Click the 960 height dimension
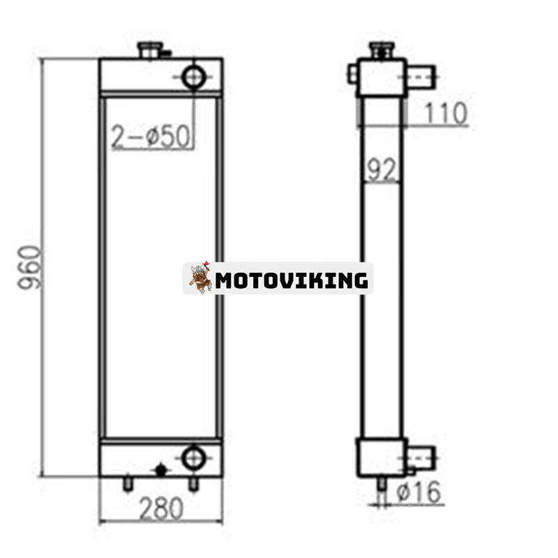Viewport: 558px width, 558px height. click(30, 267)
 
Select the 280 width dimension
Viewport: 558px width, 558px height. click(161, 508)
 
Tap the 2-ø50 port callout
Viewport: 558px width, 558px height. click(151, 137)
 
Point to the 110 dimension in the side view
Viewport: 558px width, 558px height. click(446, 113)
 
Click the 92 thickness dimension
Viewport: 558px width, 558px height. click(381, 169)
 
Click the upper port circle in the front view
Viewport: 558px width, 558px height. click(194, 77)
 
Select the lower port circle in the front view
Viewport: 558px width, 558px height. click(194, 458)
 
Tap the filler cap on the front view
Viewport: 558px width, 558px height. click(151, 50)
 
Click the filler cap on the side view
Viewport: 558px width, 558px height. click(382, 50)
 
